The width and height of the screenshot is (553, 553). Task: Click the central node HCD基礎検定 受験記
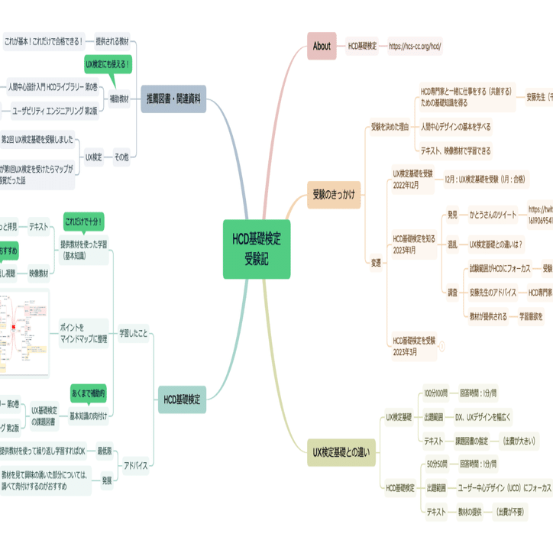click(257, 250)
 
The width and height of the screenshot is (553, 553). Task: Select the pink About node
click(322, 46)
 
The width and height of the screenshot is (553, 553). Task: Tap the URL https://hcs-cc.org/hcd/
click(415, 46)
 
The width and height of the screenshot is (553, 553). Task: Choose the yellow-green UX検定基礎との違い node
click(341, 452)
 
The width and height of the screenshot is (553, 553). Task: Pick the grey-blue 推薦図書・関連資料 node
click(173, 98)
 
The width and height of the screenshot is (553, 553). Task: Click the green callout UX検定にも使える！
click(108, 64)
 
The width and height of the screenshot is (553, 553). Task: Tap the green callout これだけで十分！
click(84, 222)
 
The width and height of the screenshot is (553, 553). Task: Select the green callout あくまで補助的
click(89, 394)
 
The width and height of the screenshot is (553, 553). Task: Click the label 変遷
click(376, 262)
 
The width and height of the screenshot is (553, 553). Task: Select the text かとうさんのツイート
click(493, 215)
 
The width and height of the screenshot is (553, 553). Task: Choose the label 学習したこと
click(133, 333)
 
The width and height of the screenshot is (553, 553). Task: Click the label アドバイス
click(136, 465)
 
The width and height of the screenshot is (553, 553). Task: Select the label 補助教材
click(119, 99)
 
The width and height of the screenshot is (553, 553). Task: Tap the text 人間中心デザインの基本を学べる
click(455, 126)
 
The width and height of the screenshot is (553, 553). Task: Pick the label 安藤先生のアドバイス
click(494, 292)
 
